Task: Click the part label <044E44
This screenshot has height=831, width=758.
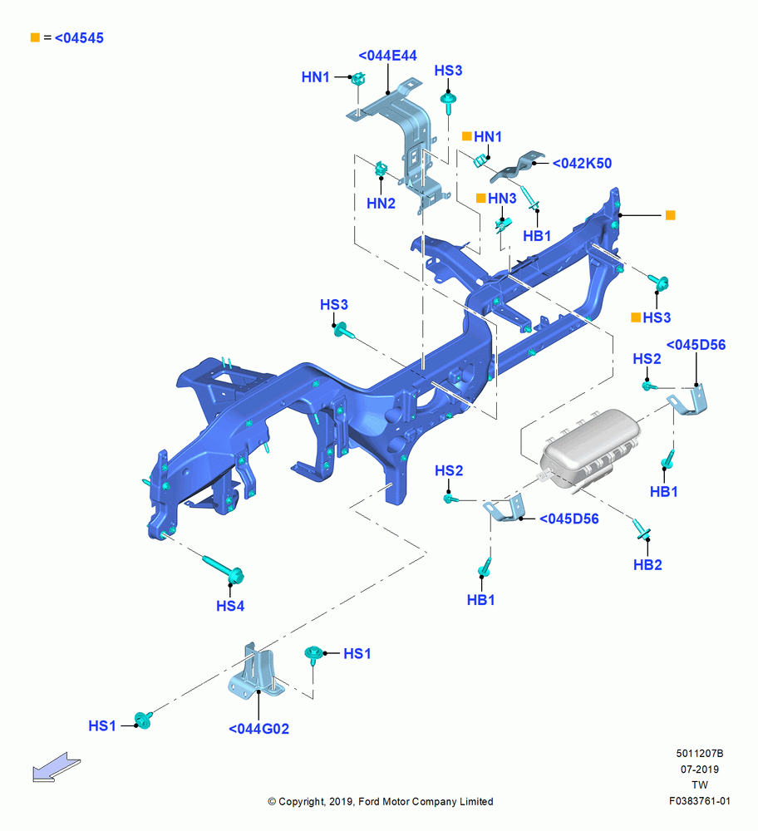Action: click(387, 55)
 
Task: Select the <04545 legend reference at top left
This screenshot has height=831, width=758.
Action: click(79, 37)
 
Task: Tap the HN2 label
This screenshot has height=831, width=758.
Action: click(381, 203)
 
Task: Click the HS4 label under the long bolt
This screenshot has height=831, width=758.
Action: click(230, 606)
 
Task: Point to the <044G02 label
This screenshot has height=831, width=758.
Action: click(258, 729)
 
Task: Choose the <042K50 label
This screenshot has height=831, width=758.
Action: click(582, 163)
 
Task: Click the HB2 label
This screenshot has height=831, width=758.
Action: click(647, 565)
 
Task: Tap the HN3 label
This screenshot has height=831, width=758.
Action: click(502, 199)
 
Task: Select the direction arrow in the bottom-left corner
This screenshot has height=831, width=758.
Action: click(56, 767)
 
